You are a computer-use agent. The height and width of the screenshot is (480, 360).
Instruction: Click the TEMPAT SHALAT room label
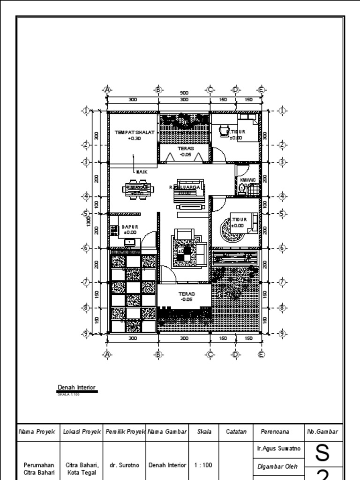point(134,133)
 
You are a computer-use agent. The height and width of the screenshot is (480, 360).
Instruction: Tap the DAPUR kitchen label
point(130,227)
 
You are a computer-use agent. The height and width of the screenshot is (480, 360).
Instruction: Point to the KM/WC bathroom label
point(247,180)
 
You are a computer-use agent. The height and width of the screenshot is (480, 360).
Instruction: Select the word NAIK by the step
point(142,172)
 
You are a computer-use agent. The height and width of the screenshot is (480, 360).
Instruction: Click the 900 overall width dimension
point(184,93)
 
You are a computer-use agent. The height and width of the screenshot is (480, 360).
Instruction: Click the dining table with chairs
point(137,190)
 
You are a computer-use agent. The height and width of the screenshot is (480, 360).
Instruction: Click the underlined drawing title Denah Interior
point(77,388)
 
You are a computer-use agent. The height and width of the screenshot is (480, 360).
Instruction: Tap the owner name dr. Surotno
point(124,465)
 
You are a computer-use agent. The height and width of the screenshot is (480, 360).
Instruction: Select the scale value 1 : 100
point(204,465)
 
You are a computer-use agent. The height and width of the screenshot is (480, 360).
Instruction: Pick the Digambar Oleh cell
point(275,467)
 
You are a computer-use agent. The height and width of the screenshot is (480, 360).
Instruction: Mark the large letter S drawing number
point(322,453)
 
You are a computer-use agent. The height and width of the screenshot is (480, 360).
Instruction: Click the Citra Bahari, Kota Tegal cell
point(82,469)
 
